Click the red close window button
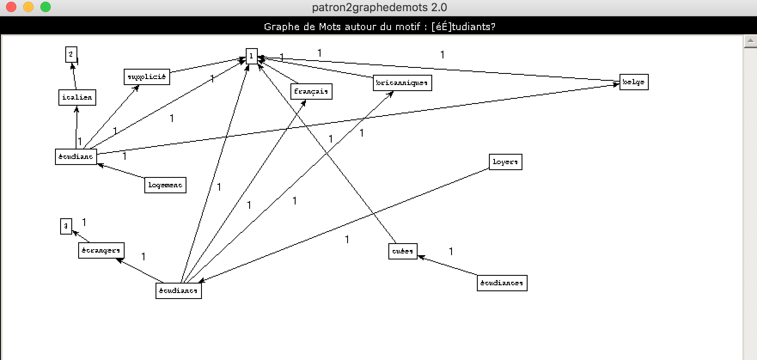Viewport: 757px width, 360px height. (11, 7)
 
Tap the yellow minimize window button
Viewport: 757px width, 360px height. (28, 7)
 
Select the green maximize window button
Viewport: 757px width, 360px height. (46, 7)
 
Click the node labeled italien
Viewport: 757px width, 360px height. (77, 98)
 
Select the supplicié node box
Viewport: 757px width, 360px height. (147, 77)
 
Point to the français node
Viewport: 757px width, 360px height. (311, 92)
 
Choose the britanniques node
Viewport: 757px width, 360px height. (402, 83)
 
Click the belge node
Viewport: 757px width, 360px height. (634, 82)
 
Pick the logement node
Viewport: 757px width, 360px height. (165, 185)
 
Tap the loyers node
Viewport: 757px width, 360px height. (505, 162)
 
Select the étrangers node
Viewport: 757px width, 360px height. (101, 250)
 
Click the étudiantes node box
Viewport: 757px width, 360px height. (502, 283)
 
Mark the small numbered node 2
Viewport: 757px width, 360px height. (71, 55)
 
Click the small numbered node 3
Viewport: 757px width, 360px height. (66, 226)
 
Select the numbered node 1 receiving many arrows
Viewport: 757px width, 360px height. (251, 56)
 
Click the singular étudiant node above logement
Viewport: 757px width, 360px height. (76, 157)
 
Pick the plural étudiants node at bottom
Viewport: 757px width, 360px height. (178, 291)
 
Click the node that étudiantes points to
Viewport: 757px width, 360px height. (403, 251)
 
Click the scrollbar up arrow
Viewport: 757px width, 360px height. (750, 41)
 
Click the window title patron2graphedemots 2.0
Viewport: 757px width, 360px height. (379, 7)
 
